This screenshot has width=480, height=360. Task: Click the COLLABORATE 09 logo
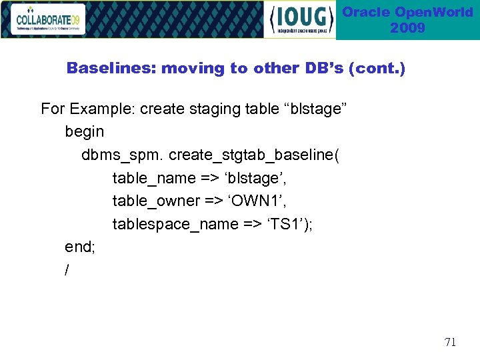tap(49, 19)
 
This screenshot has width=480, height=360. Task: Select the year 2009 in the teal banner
tap(407, 28)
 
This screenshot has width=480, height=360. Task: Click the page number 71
tap(450, 342)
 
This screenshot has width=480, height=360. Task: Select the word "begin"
tap(85, 131)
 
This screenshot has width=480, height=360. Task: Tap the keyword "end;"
tap(80, 247)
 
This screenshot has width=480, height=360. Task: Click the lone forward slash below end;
tap(67, 269)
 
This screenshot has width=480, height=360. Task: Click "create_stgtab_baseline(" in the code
tap(254, 155)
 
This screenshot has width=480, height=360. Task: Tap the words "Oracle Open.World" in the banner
tap(407, 12)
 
